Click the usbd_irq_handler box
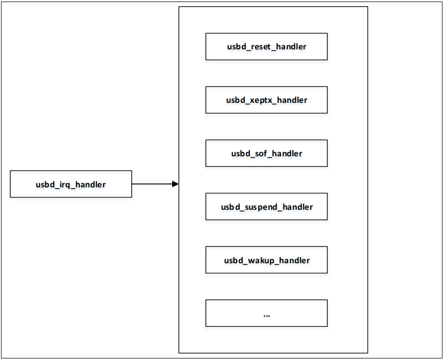(x=71, y=184)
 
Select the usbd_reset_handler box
(x=266, y=47)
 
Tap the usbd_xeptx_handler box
(x=266, y=100)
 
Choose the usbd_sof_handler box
(x=266, y=153)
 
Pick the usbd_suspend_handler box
(x=266, y=207)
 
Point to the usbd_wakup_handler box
(x=266, y=260)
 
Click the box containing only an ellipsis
(x=266, y=313)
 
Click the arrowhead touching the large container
(x=175, y=184)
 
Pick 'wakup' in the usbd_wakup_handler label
(x=260, y=261)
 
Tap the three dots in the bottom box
(x=267, y=315)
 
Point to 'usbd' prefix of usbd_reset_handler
(x=236, y=47)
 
